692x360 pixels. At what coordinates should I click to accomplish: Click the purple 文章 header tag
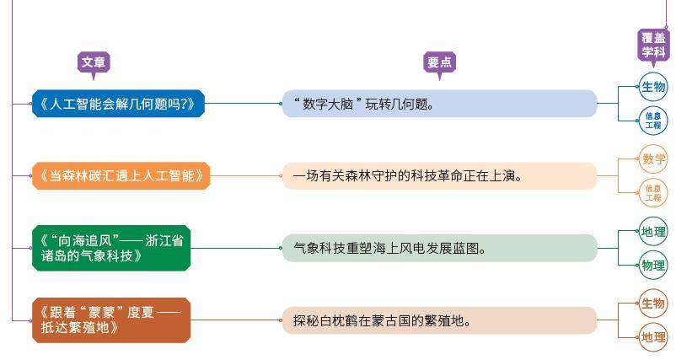[94, 62]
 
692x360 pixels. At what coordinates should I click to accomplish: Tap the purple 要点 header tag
[439, 62]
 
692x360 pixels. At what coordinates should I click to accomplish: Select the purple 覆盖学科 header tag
[653, 45]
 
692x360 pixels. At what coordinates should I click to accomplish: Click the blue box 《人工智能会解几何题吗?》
[117, 105]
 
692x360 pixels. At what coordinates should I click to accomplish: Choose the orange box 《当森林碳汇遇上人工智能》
[121, 176]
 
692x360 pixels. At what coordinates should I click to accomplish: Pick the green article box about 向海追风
[111, 248]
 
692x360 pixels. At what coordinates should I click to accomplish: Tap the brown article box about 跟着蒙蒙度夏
[111, 320]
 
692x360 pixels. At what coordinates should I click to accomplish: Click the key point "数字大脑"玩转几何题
[438, 105]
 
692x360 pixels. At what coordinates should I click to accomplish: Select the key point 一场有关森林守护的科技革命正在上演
[438, 176]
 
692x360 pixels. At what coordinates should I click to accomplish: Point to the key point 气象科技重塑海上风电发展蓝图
[438, 248]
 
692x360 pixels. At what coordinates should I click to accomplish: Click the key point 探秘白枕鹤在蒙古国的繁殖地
[438, 320]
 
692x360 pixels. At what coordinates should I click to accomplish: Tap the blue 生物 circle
[653, 87]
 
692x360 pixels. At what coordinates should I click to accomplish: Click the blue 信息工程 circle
[653, 121]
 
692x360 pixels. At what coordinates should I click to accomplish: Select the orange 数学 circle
[653, 159]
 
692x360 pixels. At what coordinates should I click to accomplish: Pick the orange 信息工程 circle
[653, 193]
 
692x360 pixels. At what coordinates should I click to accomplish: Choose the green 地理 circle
[653, 231]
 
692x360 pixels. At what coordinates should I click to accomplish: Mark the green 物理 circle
[653, 265]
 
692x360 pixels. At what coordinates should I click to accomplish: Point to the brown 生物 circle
[653, 304]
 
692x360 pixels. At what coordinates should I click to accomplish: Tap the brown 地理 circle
[653, 337]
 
